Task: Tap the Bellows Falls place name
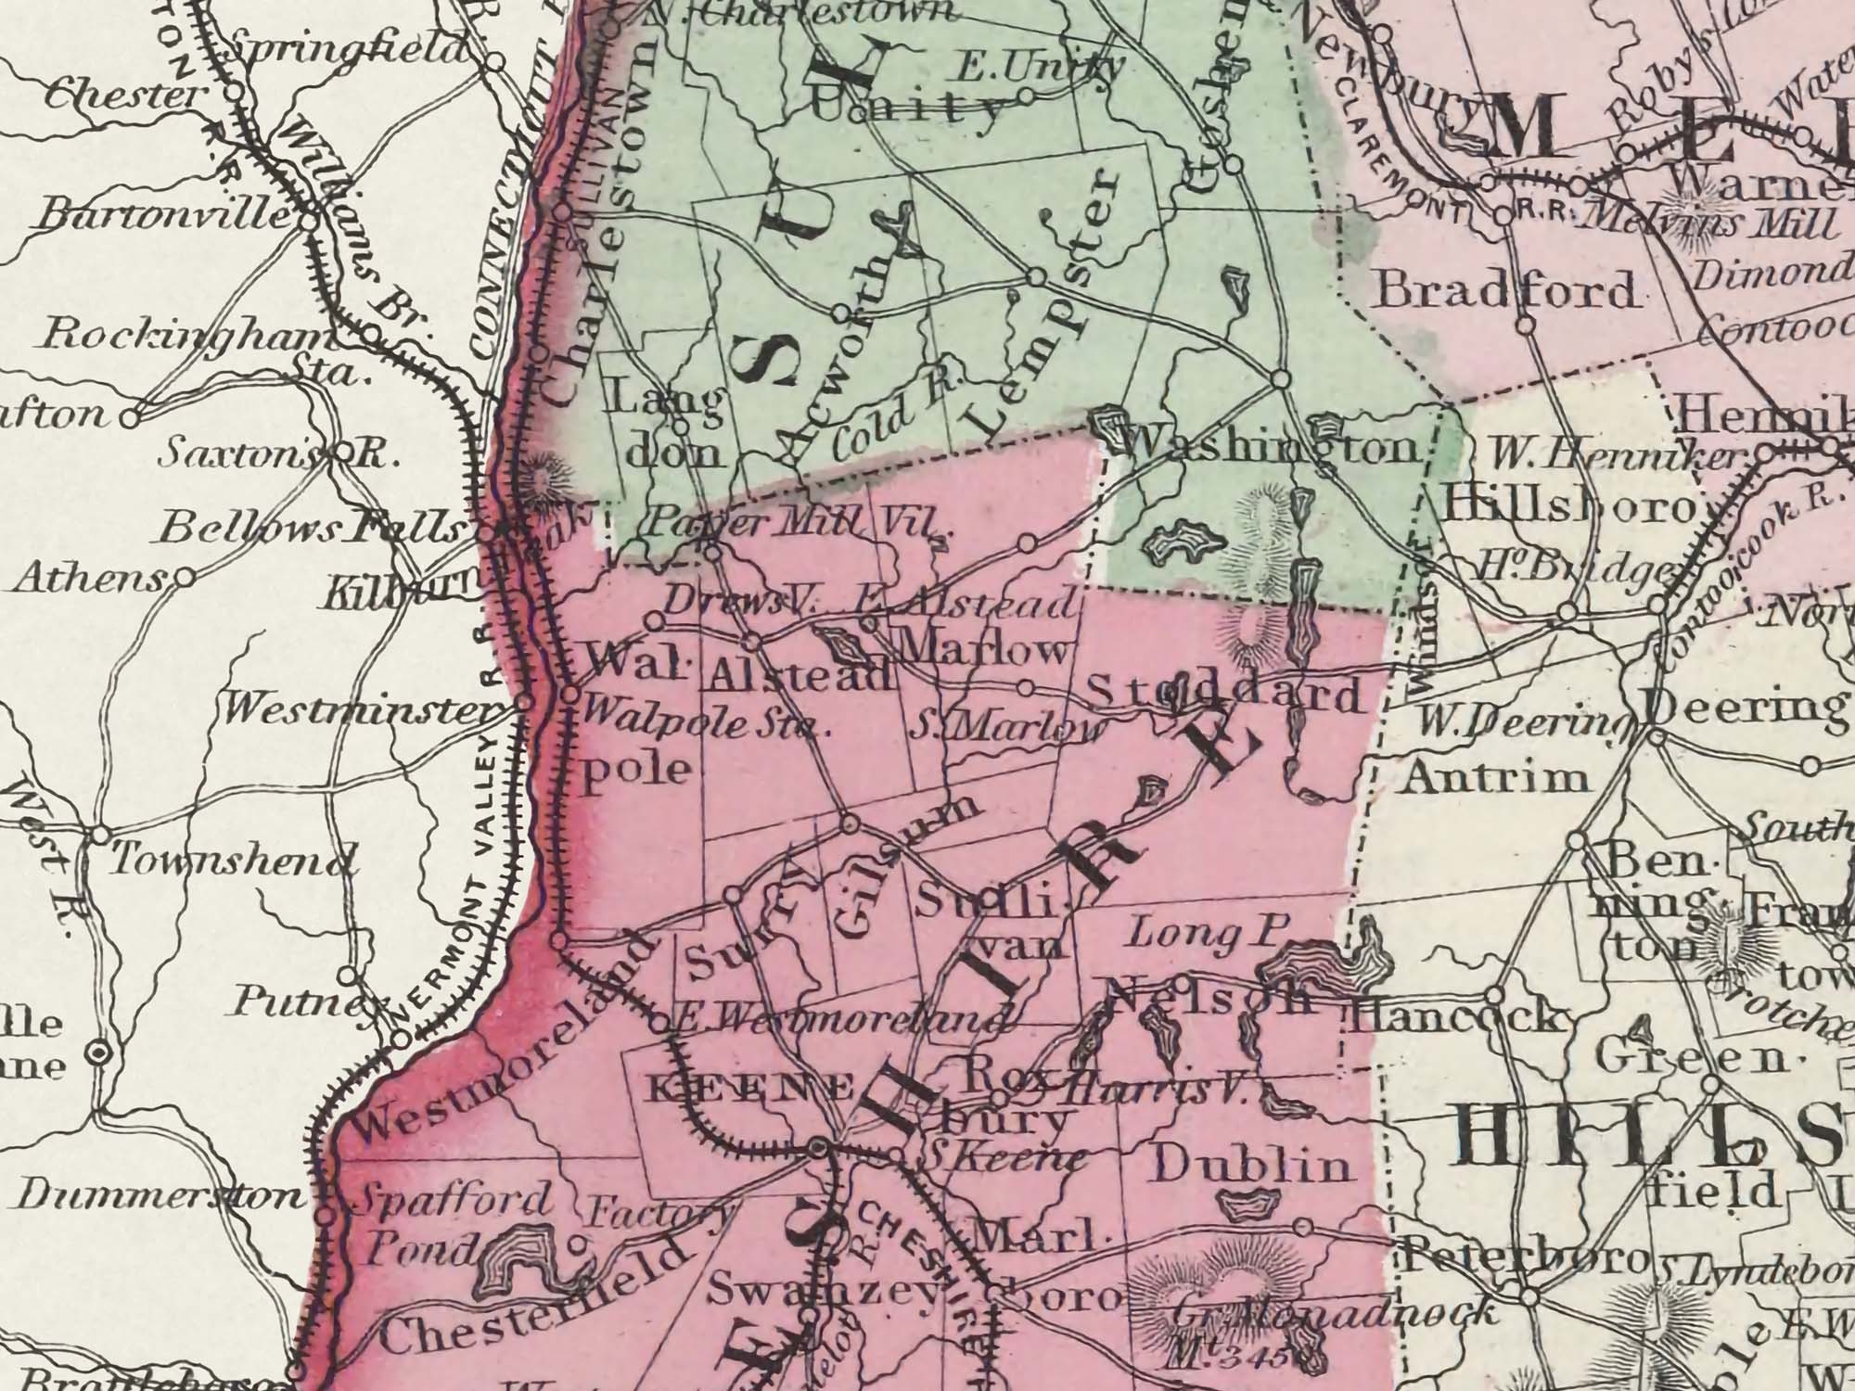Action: pyautogui.click(x=311, y=529)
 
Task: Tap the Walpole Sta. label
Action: pyautogui.click(x=700, y=724)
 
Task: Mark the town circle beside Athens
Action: pyautogui.click(x=184, y=578)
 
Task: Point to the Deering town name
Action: pyautogui.click(x=1747, y=708)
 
